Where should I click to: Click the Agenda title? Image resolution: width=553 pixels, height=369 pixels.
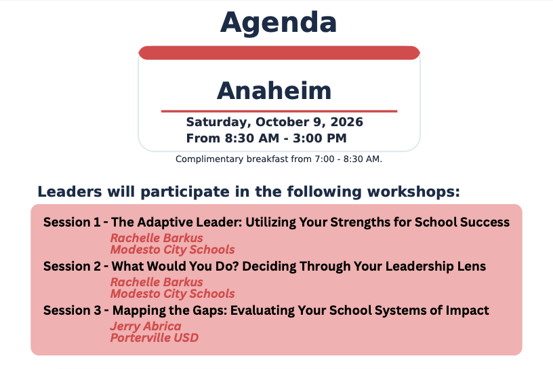[x=279, y=23]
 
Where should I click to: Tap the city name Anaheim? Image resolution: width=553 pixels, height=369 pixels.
[x=274, y=91]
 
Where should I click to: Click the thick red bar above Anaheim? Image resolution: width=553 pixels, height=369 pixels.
[x=279, y=53]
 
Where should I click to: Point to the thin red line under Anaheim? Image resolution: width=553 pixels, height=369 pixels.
[x=279, y=111]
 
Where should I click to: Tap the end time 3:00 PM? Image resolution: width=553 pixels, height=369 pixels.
[x=319, y=138]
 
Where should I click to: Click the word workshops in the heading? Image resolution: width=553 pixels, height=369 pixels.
[x=413, y=192]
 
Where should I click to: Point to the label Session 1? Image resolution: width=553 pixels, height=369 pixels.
[x=72, y=222]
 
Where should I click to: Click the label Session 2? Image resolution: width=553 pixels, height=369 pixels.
[x=73, y=267]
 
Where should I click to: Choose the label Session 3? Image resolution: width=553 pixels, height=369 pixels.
[x=73, y=311]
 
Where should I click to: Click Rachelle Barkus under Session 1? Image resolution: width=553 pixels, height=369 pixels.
[x=157, y=237]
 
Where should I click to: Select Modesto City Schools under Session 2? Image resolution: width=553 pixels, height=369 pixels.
[x=172, y=294]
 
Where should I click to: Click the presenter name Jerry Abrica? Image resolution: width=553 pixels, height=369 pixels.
[x=146, y=326]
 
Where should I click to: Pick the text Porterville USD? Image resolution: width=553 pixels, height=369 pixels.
[x=155, y=338]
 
